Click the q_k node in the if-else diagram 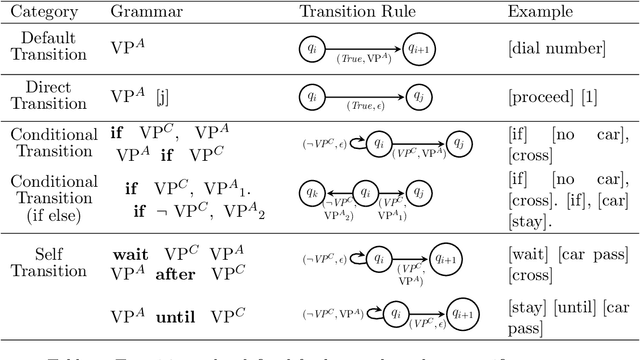[x=313, y=190]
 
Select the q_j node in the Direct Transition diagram [x=419, y=96]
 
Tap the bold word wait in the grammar [x=130, y=255]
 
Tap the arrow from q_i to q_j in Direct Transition [x=366, y=96]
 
